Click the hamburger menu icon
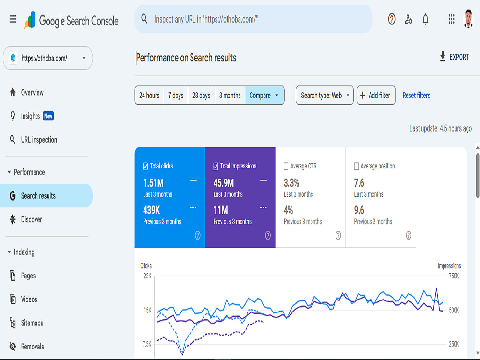click(12, 20)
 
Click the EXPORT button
click(454, 57)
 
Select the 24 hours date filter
click(149, 96)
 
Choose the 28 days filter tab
click(201, 96)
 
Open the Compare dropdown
click(264, 96)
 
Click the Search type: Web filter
click(324, 96)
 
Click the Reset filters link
click(416, 96)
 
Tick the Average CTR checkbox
click(286, 166)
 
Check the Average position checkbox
click(356, 166)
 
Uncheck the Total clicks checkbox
click(145, 166)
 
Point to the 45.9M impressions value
click(224, 183)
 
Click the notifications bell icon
click(425, 20)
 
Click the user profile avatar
click(468, 19)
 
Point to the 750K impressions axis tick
click(454, 276)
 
